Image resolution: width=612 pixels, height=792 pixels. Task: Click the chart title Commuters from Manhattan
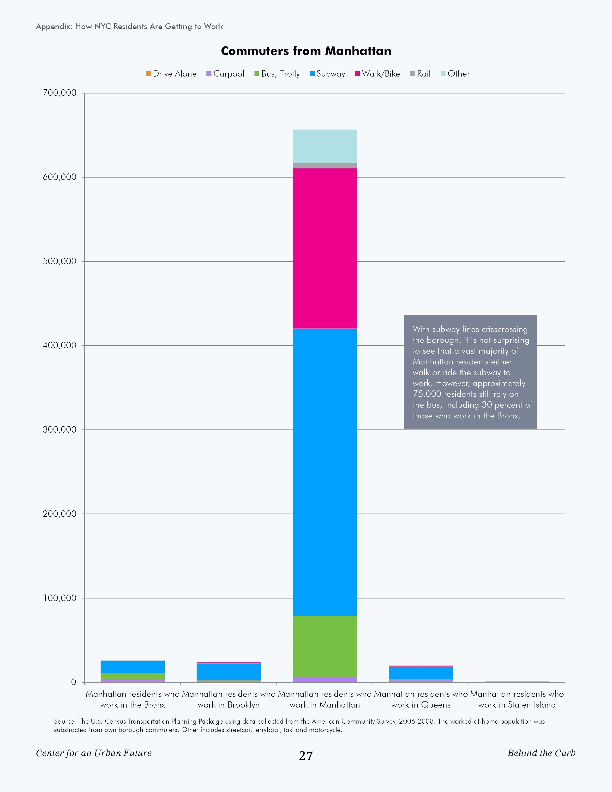pyautogui.click(x=306, y=51)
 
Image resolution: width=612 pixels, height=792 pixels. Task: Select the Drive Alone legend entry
pyautogui.click(x=171, y=74)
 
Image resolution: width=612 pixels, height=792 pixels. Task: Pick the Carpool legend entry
pyautogui.click(x=225, y=74)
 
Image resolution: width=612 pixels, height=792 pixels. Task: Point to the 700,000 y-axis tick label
pyautogui.click(x=60, y=93)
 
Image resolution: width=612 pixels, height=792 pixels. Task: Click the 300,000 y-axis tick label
pyautogui.click(x=60, y=430)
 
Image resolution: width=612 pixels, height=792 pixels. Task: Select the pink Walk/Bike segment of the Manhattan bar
pyautogui.click(x=325, y=248)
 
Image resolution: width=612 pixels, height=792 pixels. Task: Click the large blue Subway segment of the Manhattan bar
pyautogui.click(x=325, y=471)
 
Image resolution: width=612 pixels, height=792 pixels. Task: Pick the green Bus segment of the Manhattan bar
pyautogui.click(x=325, y=646)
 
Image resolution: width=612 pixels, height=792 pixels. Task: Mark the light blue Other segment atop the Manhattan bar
pyautogui.click(x=325, y=146)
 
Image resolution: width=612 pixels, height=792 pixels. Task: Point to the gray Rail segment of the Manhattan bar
pyautogui.click(x=325, y=166)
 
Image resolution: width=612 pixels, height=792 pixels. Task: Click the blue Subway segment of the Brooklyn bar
pyautogui.click(x=228, y=672)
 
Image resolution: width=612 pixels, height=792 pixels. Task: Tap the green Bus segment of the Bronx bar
pyautogui.click(x=132, y=676)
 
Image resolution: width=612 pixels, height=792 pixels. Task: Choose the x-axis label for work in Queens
pyautogui.click(x=421, y=699)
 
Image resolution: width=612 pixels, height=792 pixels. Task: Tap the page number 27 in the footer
pyautogui.click(x=306, y=756)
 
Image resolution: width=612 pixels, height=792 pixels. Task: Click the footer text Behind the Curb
pyautogui.click(x=541, y=753)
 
